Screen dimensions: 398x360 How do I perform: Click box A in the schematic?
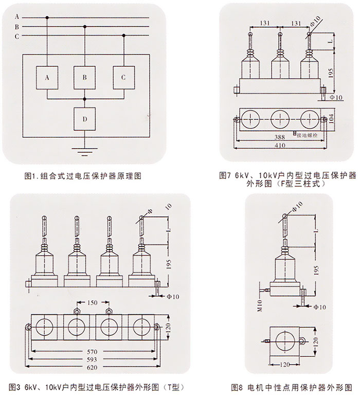tap(47, 78)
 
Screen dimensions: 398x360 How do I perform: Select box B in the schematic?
tap(85, 78)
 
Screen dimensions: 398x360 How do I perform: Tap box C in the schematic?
tap(123, 78)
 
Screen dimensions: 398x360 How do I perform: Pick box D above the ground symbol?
tap(85, 119)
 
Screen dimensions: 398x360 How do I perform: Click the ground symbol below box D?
tap(85, 150)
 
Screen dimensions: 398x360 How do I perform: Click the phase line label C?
tap(16, 36)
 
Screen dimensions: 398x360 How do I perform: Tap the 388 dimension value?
tap(280, 136)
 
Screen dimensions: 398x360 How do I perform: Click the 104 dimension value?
tap(331, 118)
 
